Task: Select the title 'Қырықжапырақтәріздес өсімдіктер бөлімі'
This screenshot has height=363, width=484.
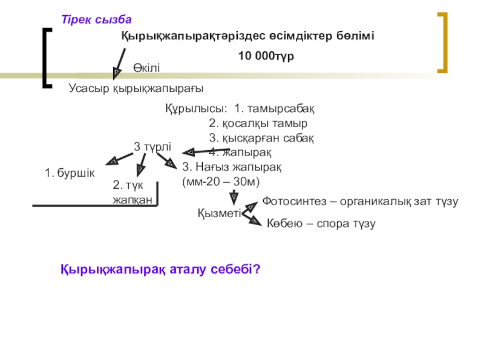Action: tap(248, 36)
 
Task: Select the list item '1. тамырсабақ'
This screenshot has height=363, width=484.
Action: tap(274, 109)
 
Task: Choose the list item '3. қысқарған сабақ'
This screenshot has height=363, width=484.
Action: tap(261, 137)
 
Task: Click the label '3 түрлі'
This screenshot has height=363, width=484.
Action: tap(152, 146)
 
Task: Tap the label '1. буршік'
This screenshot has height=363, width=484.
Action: tap(70, 173)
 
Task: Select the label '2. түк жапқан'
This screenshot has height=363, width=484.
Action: tap(132, 192)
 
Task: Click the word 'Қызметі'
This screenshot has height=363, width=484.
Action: tap(219, 212)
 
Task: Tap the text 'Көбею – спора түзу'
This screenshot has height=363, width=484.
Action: tap(321, 223)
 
